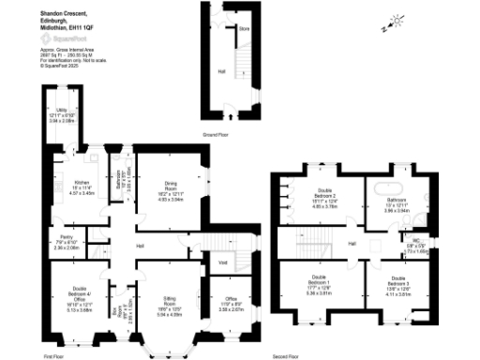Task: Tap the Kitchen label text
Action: pyautogui.click(x=83, y=187)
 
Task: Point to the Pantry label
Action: pyautogui.click(x=66, y=242)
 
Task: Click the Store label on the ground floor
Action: pyautogui.click(x=244, y=29)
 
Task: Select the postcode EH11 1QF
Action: pyautogui.click(x=75, y=27)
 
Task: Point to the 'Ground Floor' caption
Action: pyautogui.click(x=229, y=133)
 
